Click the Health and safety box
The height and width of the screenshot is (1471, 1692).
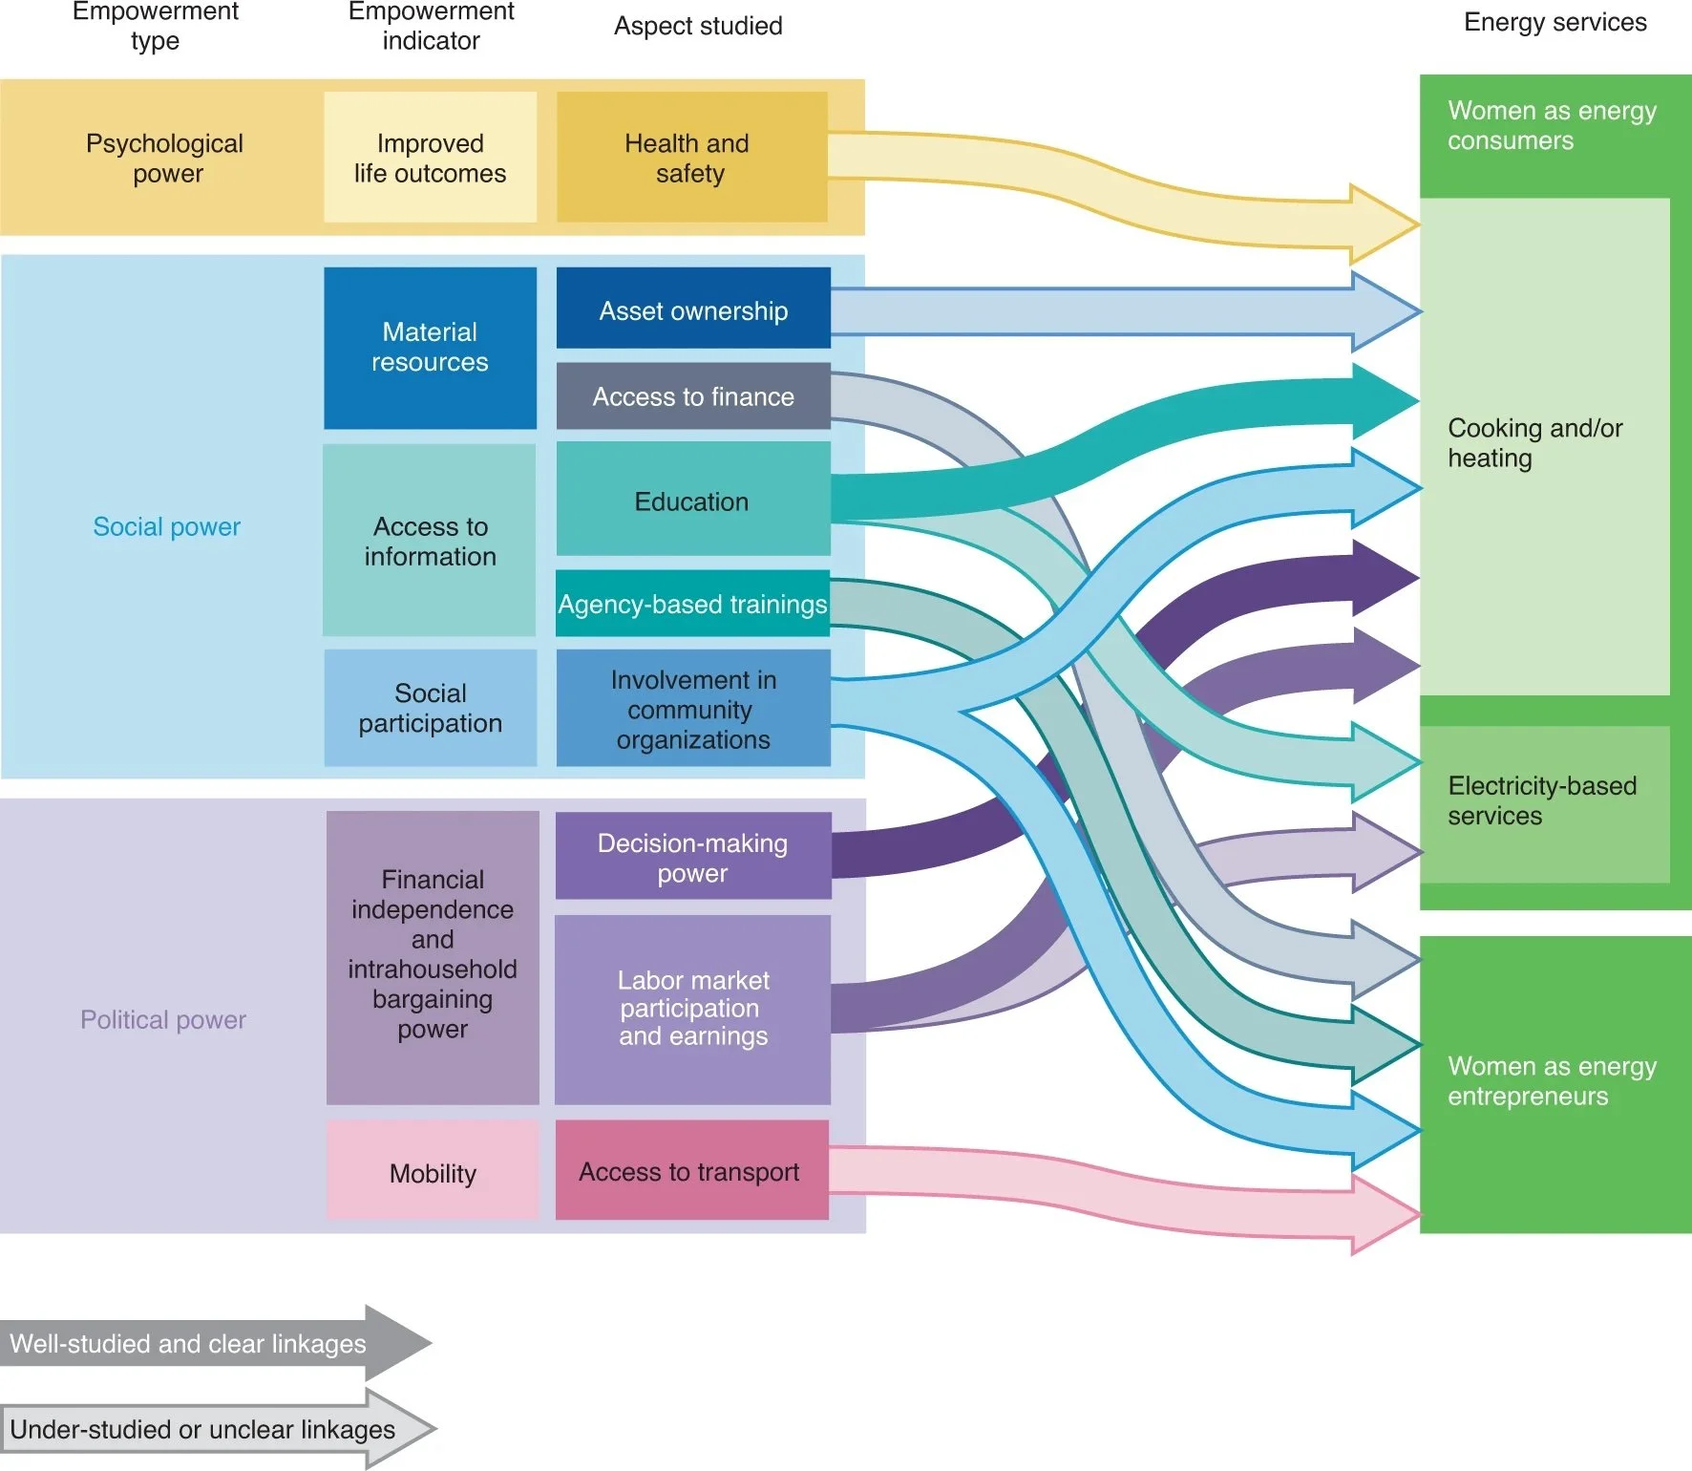[x=691, y=158]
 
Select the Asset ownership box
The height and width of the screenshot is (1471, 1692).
[x=693, y=309]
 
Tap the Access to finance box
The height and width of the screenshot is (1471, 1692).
[x=693, y=396]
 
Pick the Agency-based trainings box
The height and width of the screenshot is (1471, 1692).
[x=693, y=604]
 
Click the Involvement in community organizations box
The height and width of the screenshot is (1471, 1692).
[x=693, y=709]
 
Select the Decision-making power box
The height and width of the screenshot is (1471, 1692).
[x=693, y=857]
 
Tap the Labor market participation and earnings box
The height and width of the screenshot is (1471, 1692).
[x=693, y=1009]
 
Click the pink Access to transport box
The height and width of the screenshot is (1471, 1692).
[x=691, y=1171]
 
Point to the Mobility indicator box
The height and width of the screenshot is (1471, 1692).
[x=433, y=1172]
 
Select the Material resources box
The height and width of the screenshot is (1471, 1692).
[x=430, y=348]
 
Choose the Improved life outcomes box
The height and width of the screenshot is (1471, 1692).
[x=430, y=158]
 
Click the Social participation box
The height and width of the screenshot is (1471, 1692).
[x=430, y=708]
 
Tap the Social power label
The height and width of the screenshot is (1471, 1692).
[x=166, y=526]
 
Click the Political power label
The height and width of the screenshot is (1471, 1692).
[x=163, y=1019]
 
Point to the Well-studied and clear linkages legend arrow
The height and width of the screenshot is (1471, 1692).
[x=210, y=1343]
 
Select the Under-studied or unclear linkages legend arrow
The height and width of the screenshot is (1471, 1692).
[x=210, y=1429]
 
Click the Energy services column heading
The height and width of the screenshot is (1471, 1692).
[x=1555, y=22]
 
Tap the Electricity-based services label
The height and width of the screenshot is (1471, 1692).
[x=1541, y=800]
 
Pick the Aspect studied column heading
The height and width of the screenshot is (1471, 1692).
[x=698, y=26]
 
